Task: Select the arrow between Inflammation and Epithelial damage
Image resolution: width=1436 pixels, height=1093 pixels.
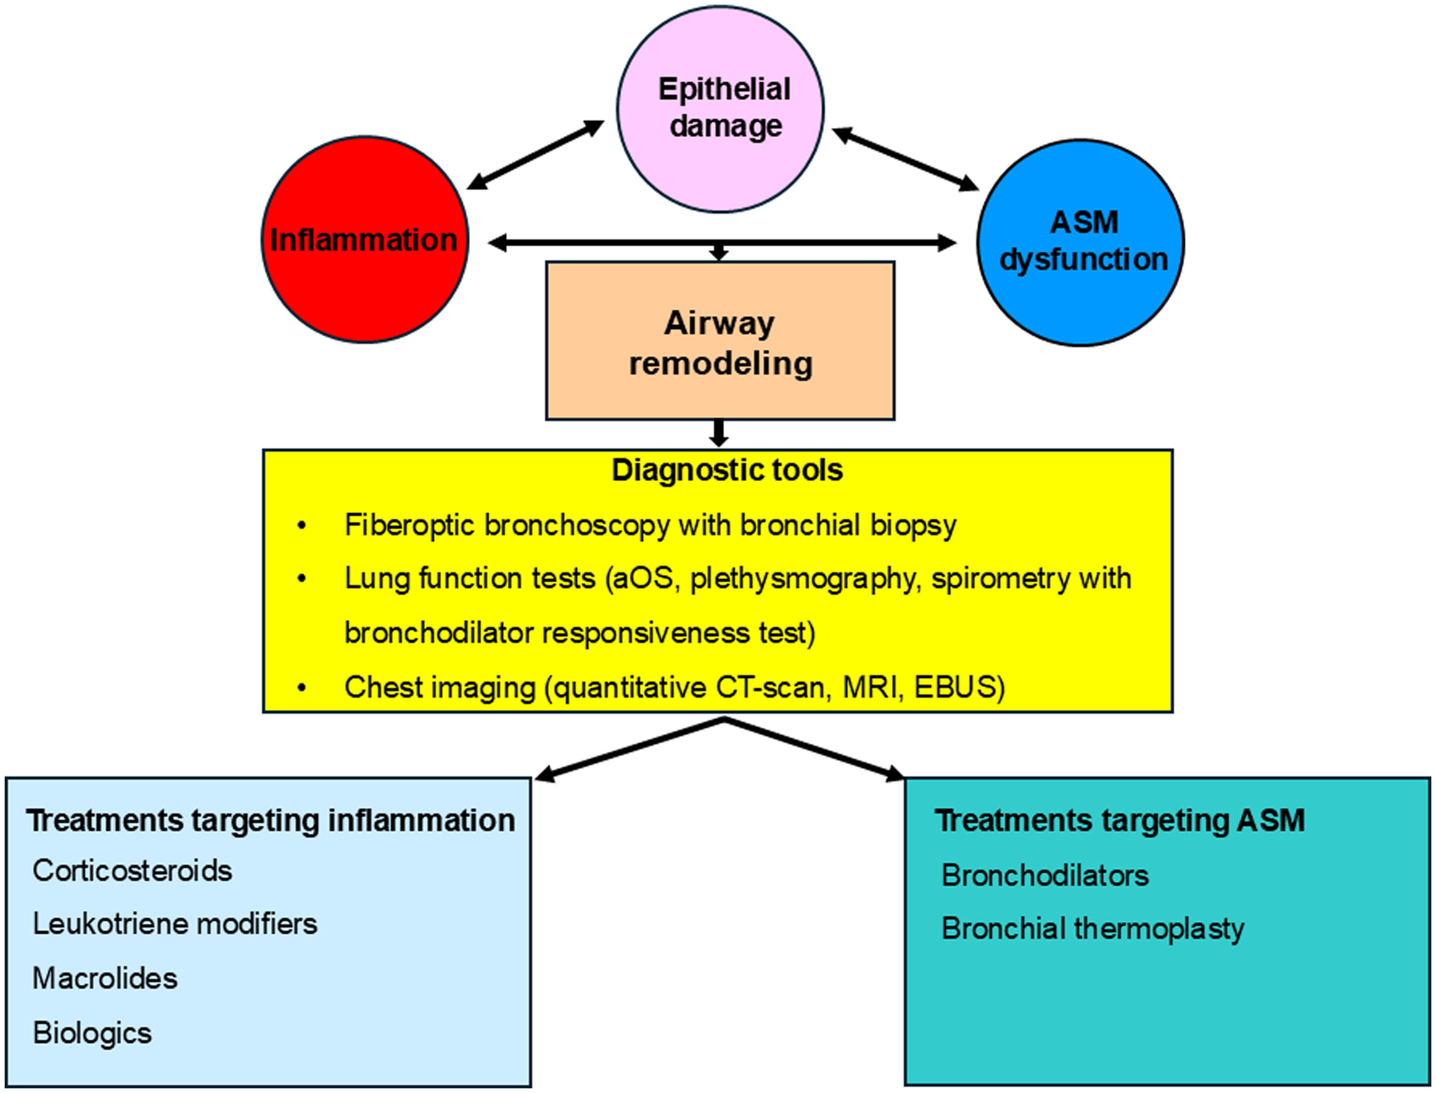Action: point(535,155)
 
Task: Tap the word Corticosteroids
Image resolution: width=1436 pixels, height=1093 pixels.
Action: point(132,871)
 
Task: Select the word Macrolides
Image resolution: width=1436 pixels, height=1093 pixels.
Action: point(105,978)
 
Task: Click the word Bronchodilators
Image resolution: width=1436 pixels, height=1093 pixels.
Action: point(1045,876)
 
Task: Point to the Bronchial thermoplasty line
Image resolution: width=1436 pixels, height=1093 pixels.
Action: point(1092,929)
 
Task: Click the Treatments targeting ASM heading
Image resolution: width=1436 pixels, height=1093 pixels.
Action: point(1120,820)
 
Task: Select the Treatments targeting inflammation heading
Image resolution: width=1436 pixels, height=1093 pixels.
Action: point(271,820)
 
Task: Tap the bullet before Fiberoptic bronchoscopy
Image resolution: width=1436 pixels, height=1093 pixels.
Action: point(301,526)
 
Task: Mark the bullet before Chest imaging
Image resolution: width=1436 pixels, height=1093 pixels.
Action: point(301,688)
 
